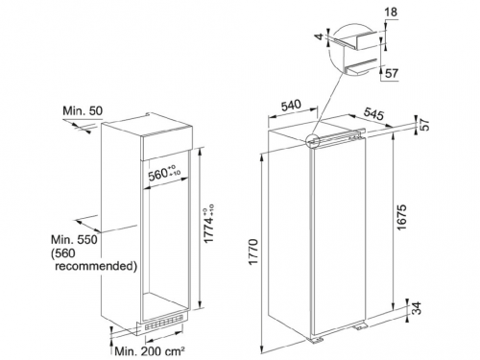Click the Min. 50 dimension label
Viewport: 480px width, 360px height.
83,111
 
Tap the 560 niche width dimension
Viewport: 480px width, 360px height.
164,173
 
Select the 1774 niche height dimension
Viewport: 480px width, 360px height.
208,224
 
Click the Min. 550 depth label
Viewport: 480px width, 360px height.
74,239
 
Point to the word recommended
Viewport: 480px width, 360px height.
96,266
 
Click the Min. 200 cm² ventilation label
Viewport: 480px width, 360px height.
150,351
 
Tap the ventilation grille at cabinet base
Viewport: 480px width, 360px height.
163,320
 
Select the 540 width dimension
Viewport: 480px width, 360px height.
291,106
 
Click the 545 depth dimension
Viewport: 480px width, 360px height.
373,113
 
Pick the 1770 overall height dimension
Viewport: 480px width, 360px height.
253,252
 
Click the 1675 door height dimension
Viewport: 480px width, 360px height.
401,217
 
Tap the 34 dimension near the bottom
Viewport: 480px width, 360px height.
416,308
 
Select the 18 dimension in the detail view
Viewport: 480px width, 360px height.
391,12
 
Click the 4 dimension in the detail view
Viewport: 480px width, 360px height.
320,36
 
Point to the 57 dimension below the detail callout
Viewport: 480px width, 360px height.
392,73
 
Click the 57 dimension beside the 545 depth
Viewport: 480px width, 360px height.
423,125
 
